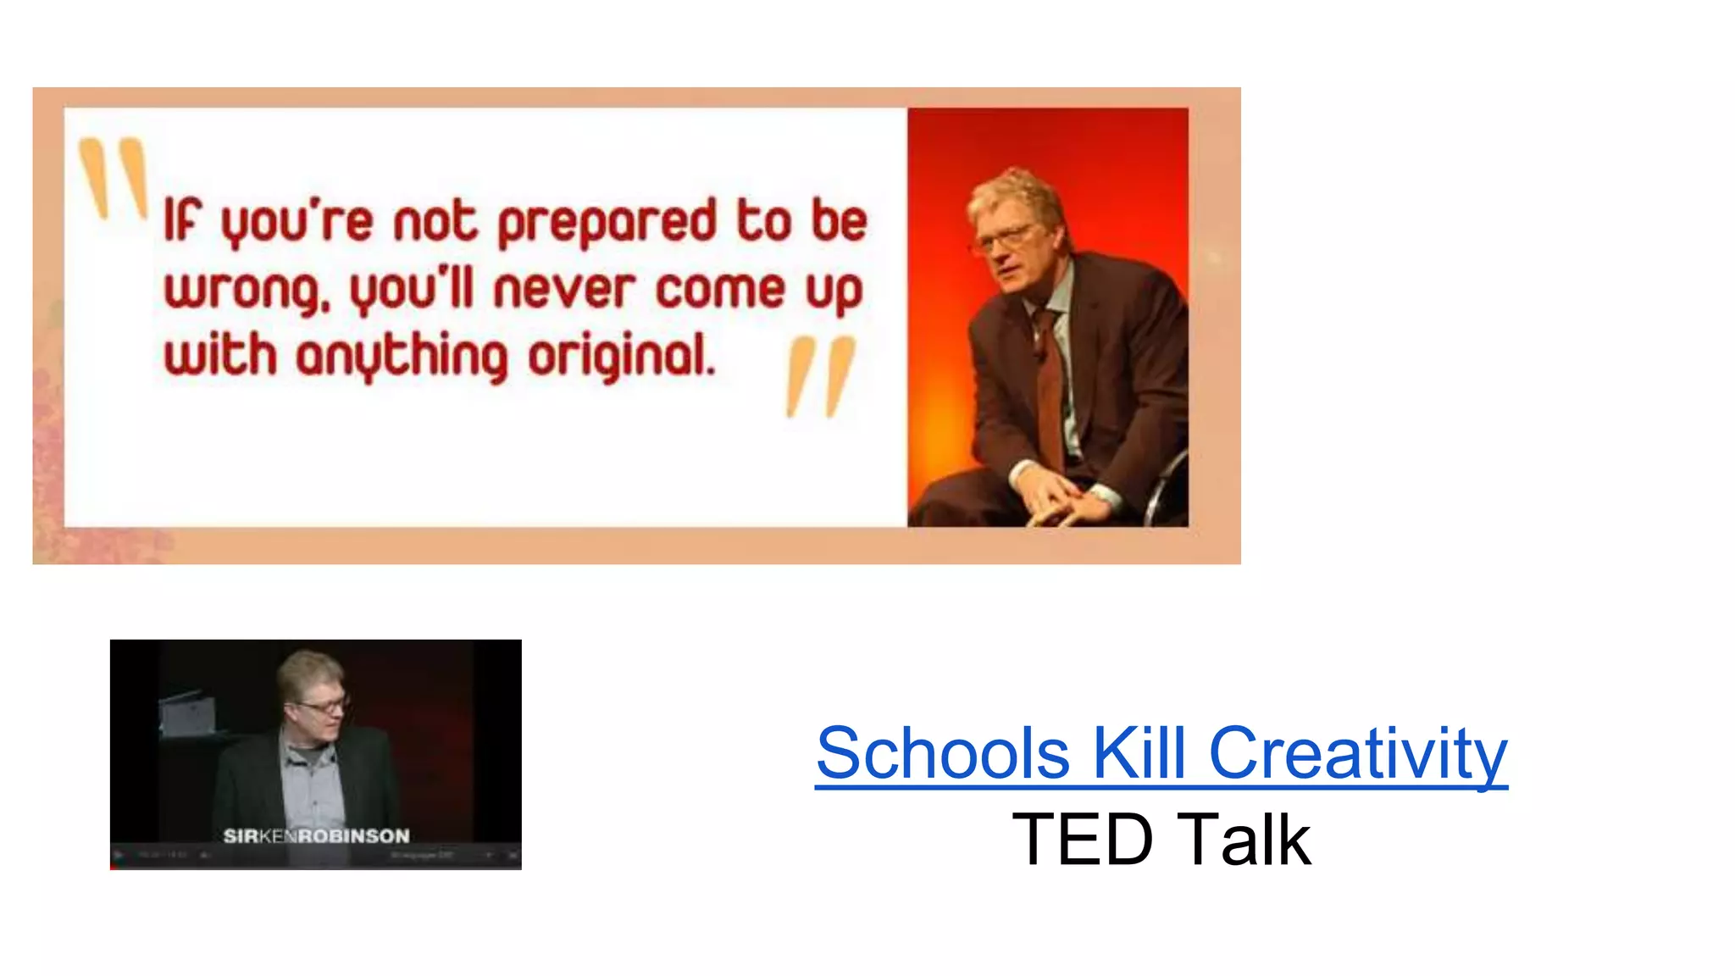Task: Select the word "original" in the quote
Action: pos(622,356)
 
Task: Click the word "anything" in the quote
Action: pos(402,356)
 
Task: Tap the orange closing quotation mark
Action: pos(819,377)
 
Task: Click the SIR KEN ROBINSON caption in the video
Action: pos(316,836)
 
